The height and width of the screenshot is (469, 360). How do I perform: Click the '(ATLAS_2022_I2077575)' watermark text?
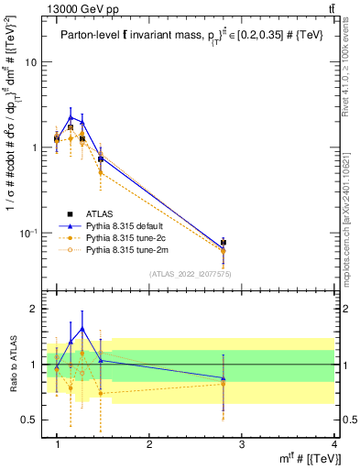191,273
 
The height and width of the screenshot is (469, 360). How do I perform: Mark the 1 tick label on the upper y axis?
34,147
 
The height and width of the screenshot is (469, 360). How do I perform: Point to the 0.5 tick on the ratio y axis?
29,420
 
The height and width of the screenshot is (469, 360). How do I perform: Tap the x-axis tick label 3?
241,444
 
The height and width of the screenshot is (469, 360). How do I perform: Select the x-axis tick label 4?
335,444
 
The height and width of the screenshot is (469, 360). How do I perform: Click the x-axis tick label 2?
149,444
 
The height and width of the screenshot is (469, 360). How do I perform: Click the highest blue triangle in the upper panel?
71,116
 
